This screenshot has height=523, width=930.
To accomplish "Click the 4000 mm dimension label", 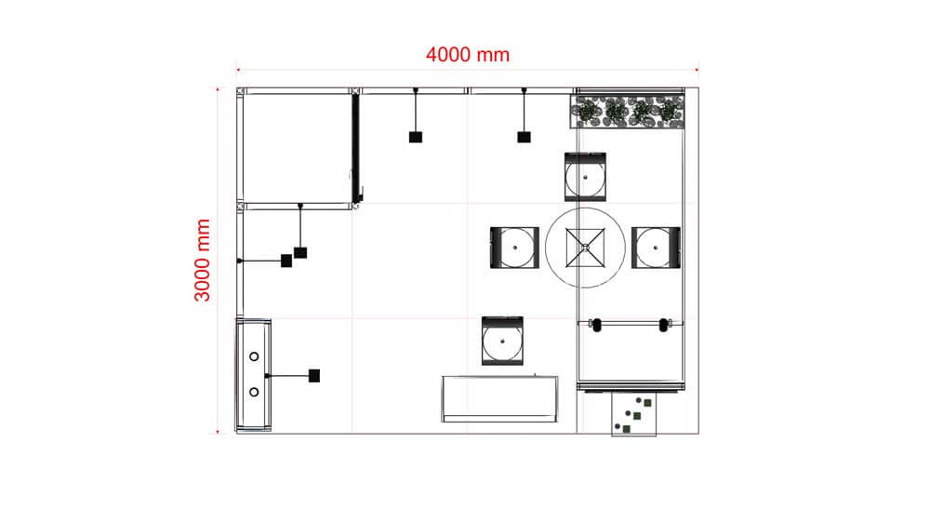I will pyautogui.click(x=467, y=54).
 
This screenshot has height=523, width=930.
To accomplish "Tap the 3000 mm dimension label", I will pyautogui.click(x=203, y=261).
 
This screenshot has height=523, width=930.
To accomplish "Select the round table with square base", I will pyautogui.click(x=582, y=247).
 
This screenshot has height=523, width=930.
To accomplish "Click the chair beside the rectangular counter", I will pyautogui.click(x=503, y=340).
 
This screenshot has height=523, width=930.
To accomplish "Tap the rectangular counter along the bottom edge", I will pyautogui.click(x=500, y=398).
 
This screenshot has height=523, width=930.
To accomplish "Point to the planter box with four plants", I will pyautogui.click(x=628, y=112).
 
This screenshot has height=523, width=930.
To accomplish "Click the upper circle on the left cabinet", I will pyautogui.click(x=254, y=356).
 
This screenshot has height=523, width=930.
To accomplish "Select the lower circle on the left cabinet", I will pyautogui.click(x=254, y=392).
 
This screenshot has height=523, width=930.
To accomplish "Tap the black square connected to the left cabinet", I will pyautogui.click(x=314, y=376).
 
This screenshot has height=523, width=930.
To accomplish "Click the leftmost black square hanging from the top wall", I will pyautogui.click(x=416, y=137).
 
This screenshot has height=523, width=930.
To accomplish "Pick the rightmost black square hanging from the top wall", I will pyautogui.click(x=524, y=137).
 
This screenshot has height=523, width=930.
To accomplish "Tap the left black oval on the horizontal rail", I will pyautogui.click(x=596, y=325).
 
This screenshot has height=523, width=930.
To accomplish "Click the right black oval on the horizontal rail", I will pyautogui.click(x=663, y=325).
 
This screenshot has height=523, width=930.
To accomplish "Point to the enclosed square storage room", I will pyautogui.click(x=296, y=147).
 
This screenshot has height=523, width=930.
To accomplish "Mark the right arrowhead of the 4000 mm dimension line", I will pyautogui.click(x=695, y=68).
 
